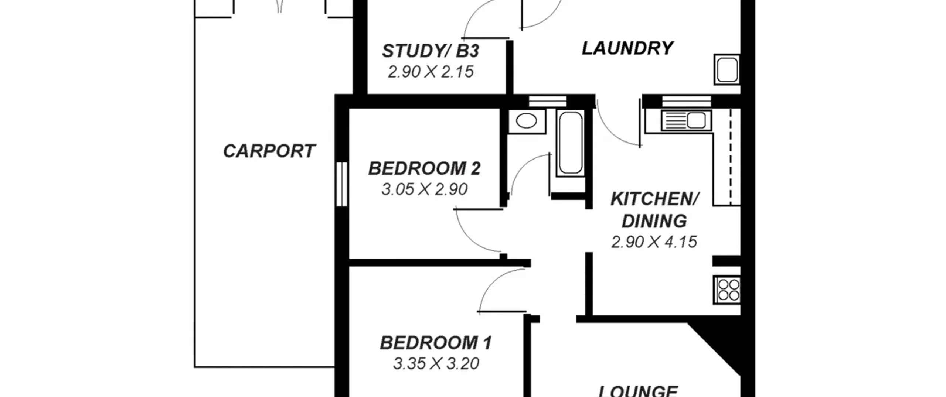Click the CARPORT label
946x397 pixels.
[269, 151]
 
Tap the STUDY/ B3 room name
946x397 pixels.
[431, 51]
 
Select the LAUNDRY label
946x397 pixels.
[627, 48]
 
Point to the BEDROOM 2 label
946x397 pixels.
[425, 168]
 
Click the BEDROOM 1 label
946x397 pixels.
[436, 343]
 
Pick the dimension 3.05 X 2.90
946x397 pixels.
[425, 189]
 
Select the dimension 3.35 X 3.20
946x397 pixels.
[436, 364]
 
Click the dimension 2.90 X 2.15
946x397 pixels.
[431, 72]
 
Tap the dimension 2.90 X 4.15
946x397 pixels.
[654, 242]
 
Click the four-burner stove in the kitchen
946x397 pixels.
[727, 290]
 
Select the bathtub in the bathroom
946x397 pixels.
[571, 143]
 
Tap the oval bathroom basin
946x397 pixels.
[526, 121]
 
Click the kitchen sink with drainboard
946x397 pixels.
[686, 120]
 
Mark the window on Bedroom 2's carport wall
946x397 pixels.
[342, 184]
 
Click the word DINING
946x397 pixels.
[654, 221]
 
